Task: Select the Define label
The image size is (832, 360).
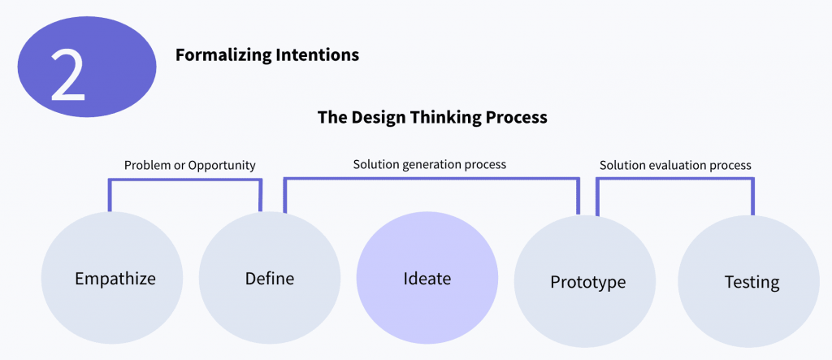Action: point(270,279)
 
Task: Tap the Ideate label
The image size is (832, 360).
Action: point(427,278)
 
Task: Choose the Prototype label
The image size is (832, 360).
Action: point(588,282)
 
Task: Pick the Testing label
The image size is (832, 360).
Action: point(752,282)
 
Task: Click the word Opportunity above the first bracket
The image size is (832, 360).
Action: point(222,166)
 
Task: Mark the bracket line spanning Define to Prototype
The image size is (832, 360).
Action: point(431,180)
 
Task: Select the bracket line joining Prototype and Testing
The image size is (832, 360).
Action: point(675,180)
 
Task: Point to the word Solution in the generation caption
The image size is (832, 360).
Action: point(372,164)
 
